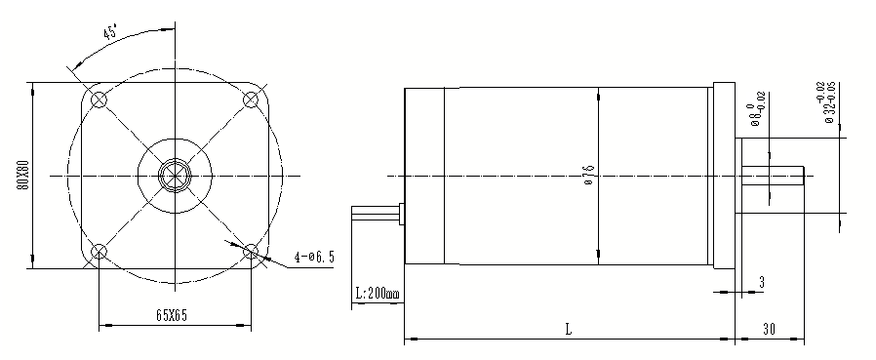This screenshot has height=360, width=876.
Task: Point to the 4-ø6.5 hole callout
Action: coord(314,258)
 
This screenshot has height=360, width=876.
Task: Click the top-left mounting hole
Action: coord(99,100)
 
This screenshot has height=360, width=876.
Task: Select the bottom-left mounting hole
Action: coord(99,253)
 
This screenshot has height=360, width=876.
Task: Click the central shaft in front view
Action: coord(175,176)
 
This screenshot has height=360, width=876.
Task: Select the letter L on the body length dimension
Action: coord(568,329)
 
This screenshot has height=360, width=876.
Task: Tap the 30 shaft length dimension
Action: coord(771,329)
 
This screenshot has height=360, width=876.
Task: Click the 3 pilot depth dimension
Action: coord(760,282)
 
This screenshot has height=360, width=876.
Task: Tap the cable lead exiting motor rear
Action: coord(376,214)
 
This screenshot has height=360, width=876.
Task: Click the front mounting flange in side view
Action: coord(723,176)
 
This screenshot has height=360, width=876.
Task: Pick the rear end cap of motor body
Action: coord(425,176)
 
